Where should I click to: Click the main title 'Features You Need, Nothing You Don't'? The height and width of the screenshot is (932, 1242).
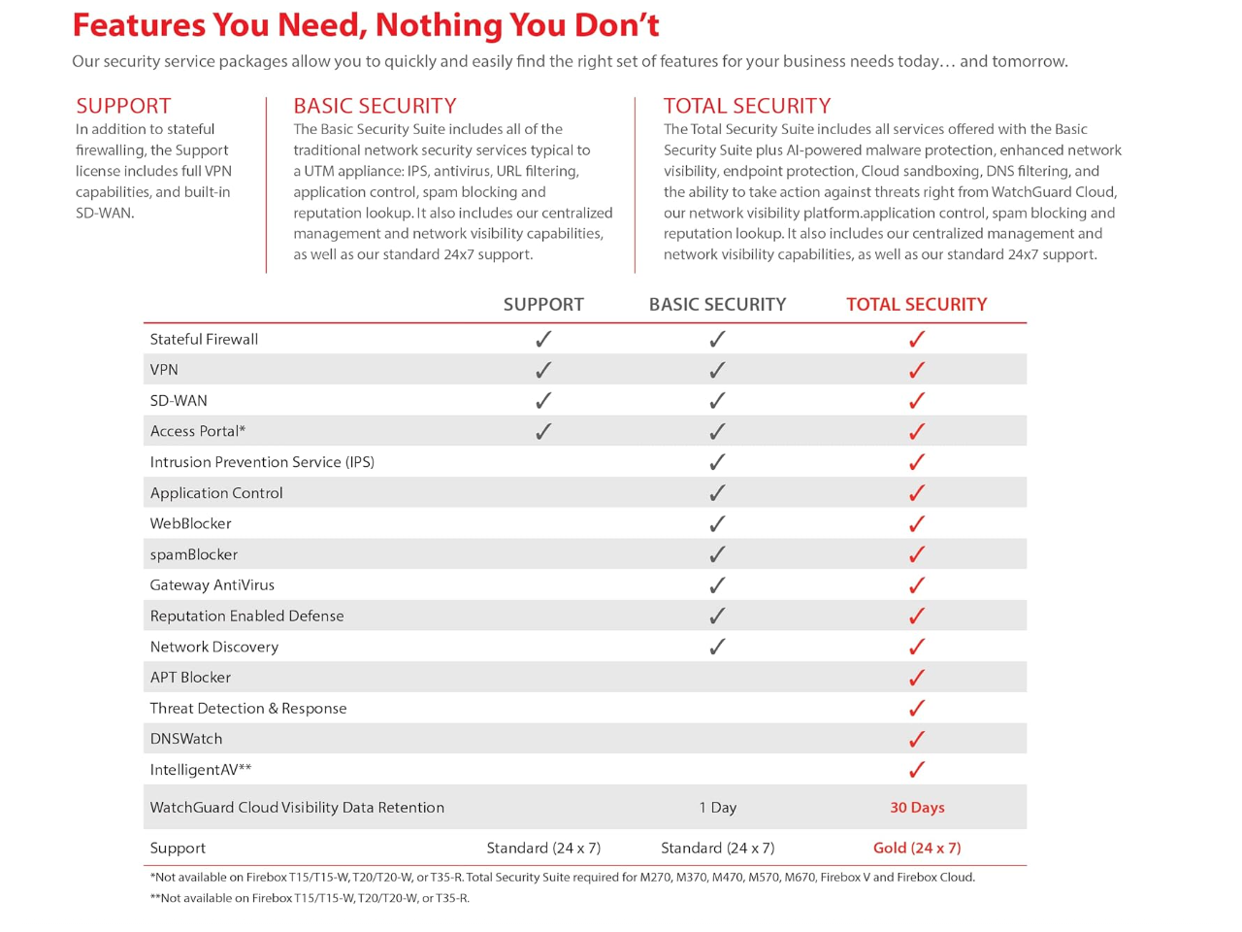(x=366, y=25)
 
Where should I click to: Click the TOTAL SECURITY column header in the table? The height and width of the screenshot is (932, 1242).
(x=916, y=304)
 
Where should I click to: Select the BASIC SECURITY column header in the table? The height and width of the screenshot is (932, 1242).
(x=717, y=304)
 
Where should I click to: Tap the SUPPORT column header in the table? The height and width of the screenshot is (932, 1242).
(x=543, y=304)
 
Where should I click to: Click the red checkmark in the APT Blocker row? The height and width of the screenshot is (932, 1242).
(x=916, y=678)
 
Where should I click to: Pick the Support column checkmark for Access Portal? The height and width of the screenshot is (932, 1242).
(x=543, y=431)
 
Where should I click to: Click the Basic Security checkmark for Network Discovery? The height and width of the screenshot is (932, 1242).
(x=717, y=647)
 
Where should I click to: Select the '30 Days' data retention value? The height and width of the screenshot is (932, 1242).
(x=917, y=808)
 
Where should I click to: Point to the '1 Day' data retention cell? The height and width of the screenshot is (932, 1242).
(x=717, y=808)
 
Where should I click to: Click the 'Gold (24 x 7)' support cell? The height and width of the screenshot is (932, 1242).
(x=917, y=848)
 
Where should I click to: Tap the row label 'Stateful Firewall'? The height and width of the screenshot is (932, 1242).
(x=204, y=339)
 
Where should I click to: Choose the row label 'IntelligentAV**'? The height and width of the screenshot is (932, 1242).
(x=200, y=770)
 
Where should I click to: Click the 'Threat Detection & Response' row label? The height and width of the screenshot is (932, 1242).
(x=247, y=709)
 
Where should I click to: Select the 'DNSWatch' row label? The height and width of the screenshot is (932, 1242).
(x=185, y=739)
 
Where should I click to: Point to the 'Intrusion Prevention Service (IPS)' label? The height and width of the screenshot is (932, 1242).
(x=262, y=462)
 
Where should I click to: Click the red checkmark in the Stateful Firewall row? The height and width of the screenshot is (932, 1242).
(x=916, y=339)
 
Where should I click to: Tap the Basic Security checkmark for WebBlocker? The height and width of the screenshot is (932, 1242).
(x=717, y=524)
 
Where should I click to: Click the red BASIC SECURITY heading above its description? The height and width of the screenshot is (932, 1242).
(x=375, y=106)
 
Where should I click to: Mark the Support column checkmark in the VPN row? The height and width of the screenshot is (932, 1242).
(x=543, y=370)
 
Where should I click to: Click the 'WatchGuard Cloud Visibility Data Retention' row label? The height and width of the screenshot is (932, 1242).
(x=297, y=808)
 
